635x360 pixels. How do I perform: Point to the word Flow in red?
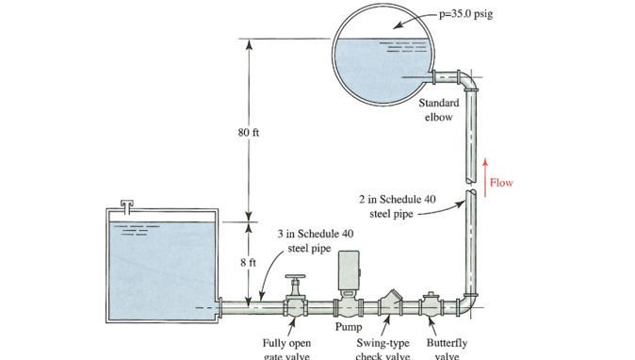coord(502,183)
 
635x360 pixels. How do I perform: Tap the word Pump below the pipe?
coord(349,327)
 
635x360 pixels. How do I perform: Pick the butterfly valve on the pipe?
coord(432,305)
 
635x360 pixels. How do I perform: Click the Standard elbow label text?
coord(439,109)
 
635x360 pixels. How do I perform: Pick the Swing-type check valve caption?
coord(383,349)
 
